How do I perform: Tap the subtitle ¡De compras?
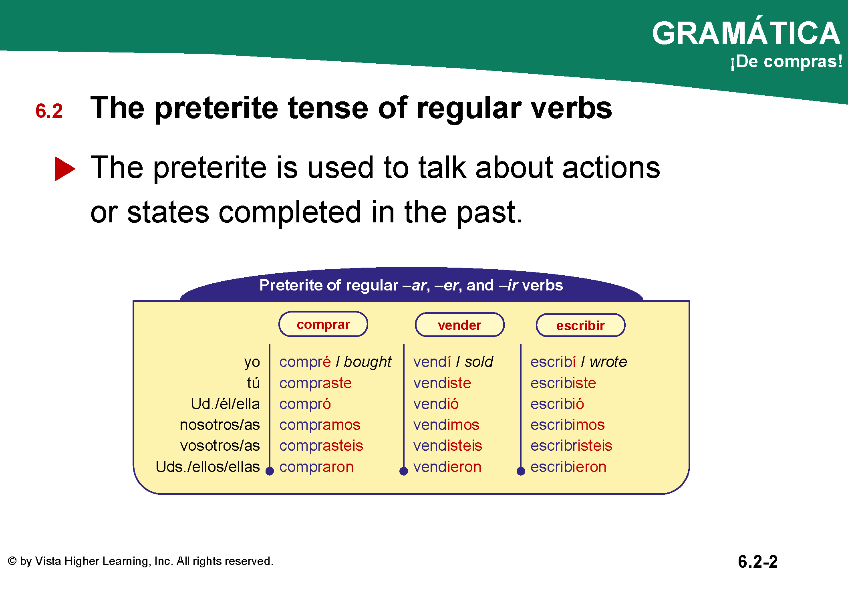pyautogui.click(x=786, y=62)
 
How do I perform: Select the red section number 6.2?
pyautogui.click(x=49, y=111)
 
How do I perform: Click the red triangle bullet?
pyautogui.click(x=65, y=169)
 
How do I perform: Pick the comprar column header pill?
pyautogui.click(x=323, y=324)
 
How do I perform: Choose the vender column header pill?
pyautogui.click(x=459, y=325)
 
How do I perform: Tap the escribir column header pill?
pyautogui.click(x=580, y=325)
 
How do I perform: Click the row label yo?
pyautogui.click(x=252, y=362)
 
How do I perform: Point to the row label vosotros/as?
pyautogui.click(x=220, y=446)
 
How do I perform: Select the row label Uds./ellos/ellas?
pyautogui.click(x=208, y=467)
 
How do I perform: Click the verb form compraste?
pyautogui.click(x=316, y=383)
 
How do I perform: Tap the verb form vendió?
pyautogui.click(x=436, y=404)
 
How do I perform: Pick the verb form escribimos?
pyautogui.click(x=568, y=425)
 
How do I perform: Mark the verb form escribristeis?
pyautogui.click(x=572, y=446)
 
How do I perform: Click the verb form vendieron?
pyautogui.click(x=447, y=467)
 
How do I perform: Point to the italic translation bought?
pyautogui.click(x=368, y=362)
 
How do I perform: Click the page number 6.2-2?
pyautogui.click(x=758, y=562)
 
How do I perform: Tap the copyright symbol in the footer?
pyautogui.click(x=12, y=561)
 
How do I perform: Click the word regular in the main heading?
pyautogui.click(x=469, y=109)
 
